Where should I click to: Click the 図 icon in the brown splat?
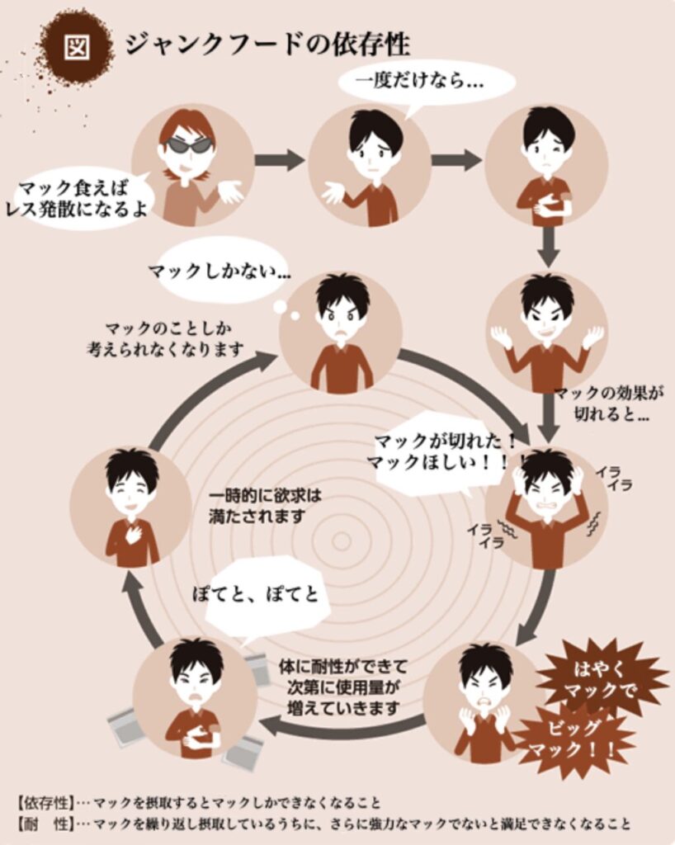click(x=77, y=47)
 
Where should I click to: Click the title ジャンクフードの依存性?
click(x=267, y=44)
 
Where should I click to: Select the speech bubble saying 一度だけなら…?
click(x=427, y=82)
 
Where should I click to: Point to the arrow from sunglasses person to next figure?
click(x=280, y=160)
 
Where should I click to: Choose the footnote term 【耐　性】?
click(x=45, y=824)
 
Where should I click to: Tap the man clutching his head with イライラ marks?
click(x=546, y=507)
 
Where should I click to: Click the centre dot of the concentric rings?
click(x=341, y=541)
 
